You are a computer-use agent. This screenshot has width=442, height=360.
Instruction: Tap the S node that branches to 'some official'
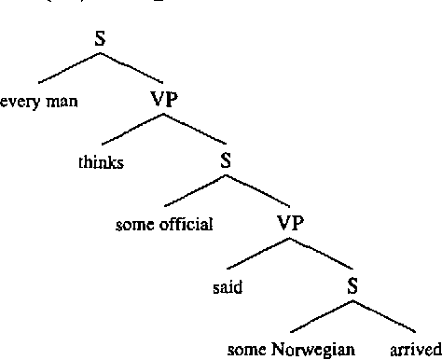click(226, 159)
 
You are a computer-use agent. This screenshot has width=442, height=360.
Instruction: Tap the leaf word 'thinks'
click(102, 163)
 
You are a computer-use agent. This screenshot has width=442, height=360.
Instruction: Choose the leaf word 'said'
click(228, 288)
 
